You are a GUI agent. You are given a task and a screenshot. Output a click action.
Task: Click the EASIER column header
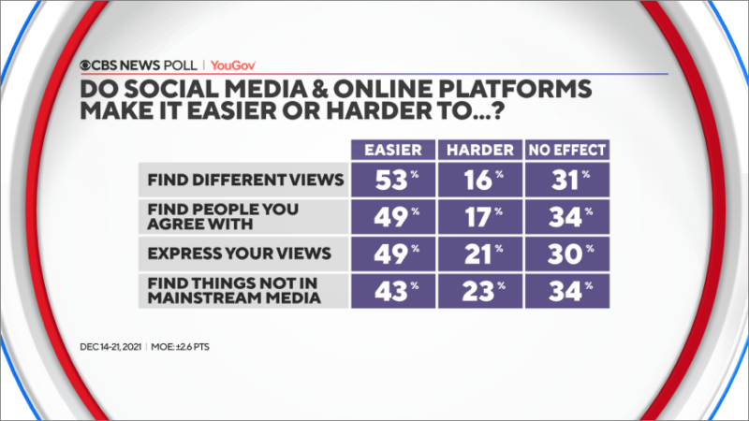(393, 150)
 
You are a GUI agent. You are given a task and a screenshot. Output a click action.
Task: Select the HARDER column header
(480, 150)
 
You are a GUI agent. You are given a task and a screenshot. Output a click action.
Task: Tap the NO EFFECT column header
(567, 150)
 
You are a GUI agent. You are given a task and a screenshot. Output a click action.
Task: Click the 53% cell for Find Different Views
(393, 180)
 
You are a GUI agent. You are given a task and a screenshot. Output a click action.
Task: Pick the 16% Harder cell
(480, 180)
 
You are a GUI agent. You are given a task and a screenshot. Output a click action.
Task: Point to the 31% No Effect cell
(567, 180)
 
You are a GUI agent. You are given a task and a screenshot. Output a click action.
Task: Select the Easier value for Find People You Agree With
(393, 217)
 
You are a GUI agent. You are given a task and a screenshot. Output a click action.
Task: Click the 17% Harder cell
(480, 217)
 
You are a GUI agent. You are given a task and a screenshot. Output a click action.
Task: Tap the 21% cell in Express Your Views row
(480, 254)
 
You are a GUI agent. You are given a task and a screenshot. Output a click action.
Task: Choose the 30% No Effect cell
(567, 254)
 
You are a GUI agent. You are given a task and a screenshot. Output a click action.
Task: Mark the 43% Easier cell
(393, 291)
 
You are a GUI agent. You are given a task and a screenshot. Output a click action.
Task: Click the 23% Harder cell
(480, 291)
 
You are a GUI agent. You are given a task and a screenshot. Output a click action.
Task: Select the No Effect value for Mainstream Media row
(567, 291)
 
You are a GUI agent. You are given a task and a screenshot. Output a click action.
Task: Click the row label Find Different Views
(245, 180)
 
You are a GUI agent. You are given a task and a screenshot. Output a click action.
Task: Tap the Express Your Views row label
(239, 254)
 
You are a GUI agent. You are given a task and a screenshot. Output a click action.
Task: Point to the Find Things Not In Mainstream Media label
(234, 291)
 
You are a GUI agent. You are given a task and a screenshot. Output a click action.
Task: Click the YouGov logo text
(233, 65)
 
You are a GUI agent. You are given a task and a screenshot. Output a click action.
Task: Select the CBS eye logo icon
(85, 65)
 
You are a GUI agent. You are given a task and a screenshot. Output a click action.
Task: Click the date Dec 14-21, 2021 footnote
(110, 347)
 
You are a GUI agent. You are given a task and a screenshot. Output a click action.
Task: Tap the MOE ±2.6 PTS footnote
(180, 347)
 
